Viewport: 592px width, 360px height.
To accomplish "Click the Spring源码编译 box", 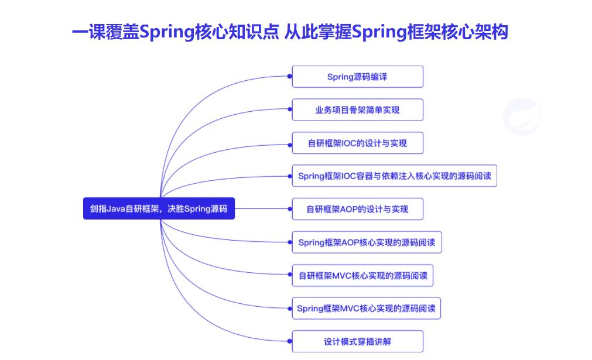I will tap(357, 77).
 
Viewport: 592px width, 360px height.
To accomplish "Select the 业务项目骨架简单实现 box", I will tap(357, 110).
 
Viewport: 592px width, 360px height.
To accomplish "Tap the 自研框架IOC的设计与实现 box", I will tap(357, 143).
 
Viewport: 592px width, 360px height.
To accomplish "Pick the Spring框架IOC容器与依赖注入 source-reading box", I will tap(394, 176).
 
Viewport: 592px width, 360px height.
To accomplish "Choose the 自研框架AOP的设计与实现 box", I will tap(357, 209).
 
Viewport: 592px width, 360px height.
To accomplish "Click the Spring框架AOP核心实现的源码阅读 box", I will tap(367, 242).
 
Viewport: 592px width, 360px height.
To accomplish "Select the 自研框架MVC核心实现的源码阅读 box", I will tap(362, 276).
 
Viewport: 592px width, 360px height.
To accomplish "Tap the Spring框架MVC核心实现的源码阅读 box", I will tap(366, 308).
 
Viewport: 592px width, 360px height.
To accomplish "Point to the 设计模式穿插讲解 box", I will tap(357, 342).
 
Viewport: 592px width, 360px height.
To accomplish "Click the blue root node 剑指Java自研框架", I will tap(159, 208).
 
